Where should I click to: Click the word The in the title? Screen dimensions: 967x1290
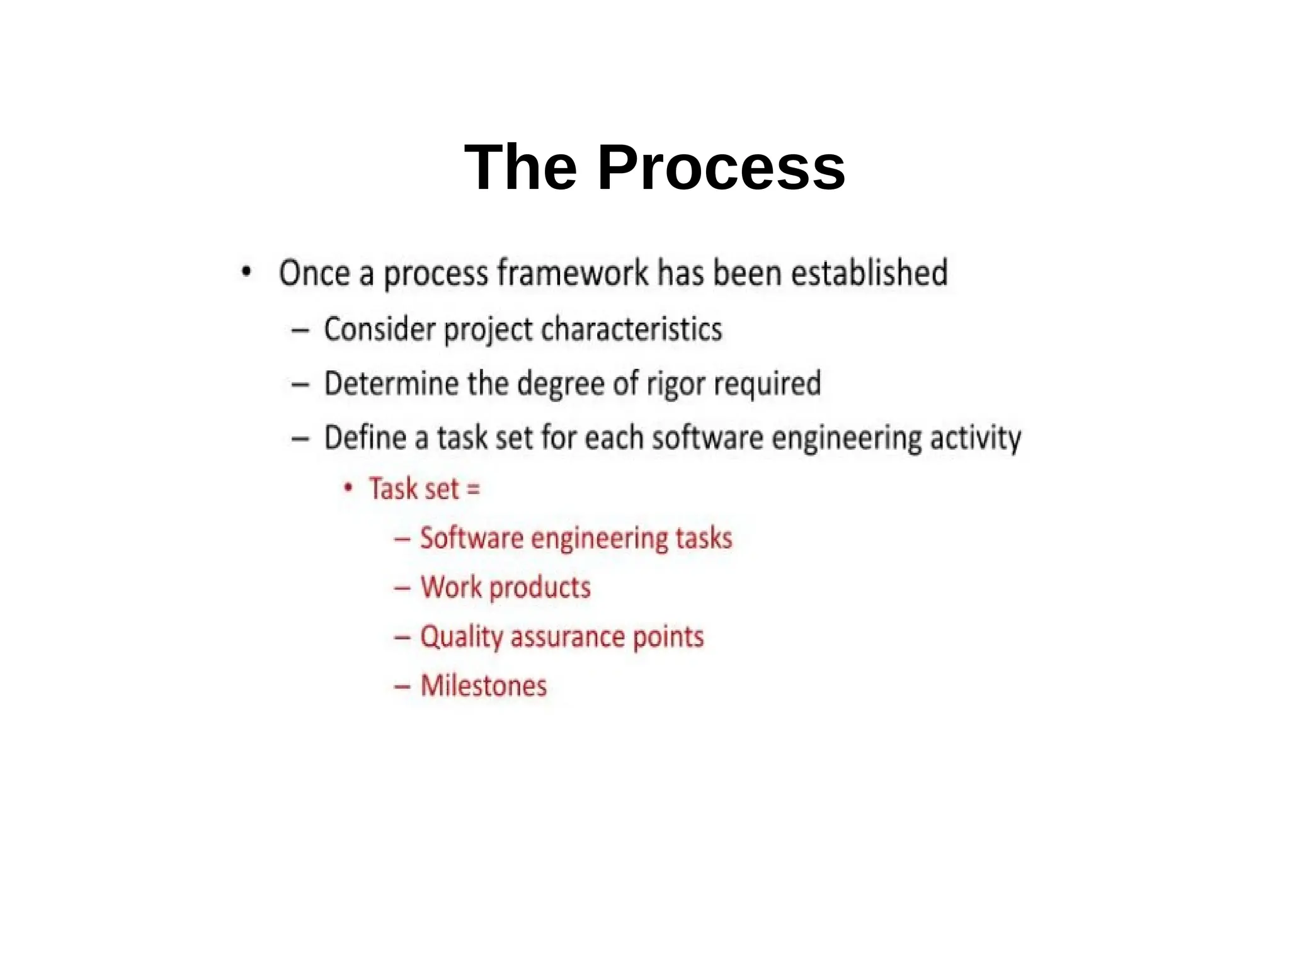[x=520, y=167]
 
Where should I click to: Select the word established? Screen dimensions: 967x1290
[x=869, y=273]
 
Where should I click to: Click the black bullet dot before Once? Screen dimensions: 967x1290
[x=246, y=272]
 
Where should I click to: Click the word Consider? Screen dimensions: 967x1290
[x=379, y=329]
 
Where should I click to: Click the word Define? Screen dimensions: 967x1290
[x=365, y=438]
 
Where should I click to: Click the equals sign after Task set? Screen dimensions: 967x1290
[x=474, y=489]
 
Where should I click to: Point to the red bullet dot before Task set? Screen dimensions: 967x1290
[x=348, y=487]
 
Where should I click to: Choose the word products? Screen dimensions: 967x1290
[x=540, y=588]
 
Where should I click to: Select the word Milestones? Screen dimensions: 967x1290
[x=484, y=686]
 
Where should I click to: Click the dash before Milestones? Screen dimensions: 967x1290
[x=402, y=686]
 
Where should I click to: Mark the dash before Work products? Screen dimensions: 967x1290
[x=402, y=588]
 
